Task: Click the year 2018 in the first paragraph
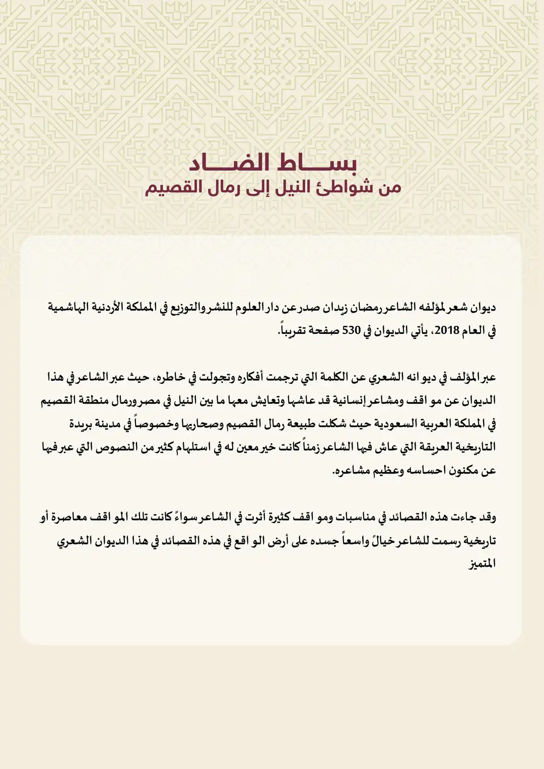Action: coord(447,330)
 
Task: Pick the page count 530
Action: coord(351,330)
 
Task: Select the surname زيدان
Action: coord(335,307)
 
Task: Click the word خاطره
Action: coord(164,377)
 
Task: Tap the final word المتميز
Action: coord(483,564)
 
